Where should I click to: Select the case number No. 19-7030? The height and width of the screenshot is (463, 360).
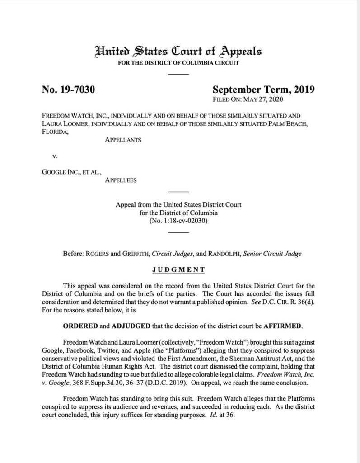click(68, 90)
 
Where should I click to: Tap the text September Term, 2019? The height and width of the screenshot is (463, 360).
click(263, 90)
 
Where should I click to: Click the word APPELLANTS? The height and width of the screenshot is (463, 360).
click(123, 140)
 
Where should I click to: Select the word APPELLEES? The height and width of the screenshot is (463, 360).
click(121, 180)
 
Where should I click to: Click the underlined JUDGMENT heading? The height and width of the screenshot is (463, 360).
click(178, 270)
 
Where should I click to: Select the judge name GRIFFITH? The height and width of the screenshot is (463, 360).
click(129, 254)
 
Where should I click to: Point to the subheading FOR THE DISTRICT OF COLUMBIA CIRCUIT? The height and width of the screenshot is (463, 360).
click(178, 63)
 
